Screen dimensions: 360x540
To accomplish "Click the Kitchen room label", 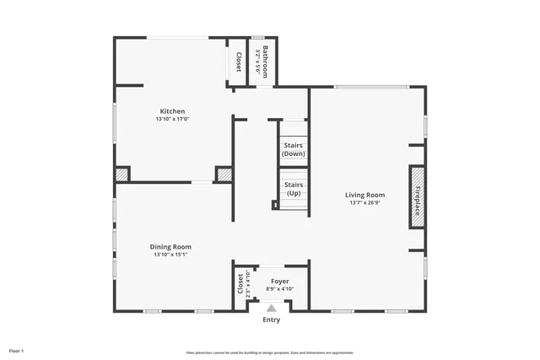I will point(172,111).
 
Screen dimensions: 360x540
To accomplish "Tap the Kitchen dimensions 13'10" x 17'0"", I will point(172,120).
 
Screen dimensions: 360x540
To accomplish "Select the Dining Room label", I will point(170,246).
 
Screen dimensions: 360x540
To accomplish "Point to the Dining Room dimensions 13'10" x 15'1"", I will point(170,255).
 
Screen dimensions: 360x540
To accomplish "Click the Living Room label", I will point(366,195).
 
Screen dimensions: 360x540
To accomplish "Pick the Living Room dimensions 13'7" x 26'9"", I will point(366,203).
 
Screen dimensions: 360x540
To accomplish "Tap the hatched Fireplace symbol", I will point(415,196).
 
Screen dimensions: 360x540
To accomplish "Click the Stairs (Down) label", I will point(294,149).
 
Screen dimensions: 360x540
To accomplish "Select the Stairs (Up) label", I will point(294,189).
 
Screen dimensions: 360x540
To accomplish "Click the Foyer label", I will point(279,281).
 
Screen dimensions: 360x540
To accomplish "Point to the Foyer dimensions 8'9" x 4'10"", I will point(279,289).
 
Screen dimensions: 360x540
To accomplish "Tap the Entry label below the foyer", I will point(271,320).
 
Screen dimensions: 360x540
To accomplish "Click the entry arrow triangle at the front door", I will point(271,309).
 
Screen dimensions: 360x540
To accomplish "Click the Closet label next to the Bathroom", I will point(239,62).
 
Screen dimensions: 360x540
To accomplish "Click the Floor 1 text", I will point(17,351).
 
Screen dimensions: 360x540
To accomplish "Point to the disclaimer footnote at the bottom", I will point(270,352).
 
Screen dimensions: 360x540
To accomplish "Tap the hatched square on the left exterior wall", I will point(121,175).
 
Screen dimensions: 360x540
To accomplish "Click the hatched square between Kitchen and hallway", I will point(224,175).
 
